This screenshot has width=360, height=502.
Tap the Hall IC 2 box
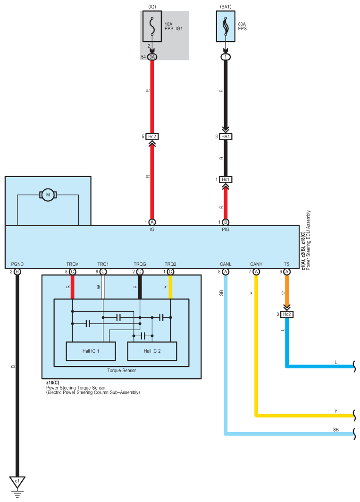(152, 351)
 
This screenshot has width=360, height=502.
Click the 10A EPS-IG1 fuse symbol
(152, 27)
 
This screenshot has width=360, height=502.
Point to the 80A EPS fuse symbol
(226, 27)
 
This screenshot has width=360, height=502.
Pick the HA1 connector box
(226, 137)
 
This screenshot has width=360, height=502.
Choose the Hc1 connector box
(226, 180)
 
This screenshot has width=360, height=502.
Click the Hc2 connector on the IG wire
(152, 137)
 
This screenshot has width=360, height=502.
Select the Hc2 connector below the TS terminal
(287, 315)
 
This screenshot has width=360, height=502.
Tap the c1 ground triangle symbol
(17, 482)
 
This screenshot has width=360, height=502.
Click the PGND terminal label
(17, 264)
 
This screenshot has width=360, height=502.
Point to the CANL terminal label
(226, 264)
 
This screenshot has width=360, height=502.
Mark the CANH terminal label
(256, 264)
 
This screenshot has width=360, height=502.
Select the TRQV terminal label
(72, 264)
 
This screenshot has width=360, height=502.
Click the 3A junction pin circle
(152, 57)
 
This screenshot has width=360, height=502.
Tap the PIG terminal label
(226, 230)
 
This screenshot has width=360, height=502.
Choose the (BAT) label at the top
(226, 6)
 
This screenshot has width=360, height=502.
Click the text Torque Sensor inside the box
(121, 371)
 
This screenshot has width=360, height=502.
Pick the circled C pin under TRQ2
(170, 272)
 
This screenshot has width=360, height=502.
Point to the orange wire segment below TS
(287, 293)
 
